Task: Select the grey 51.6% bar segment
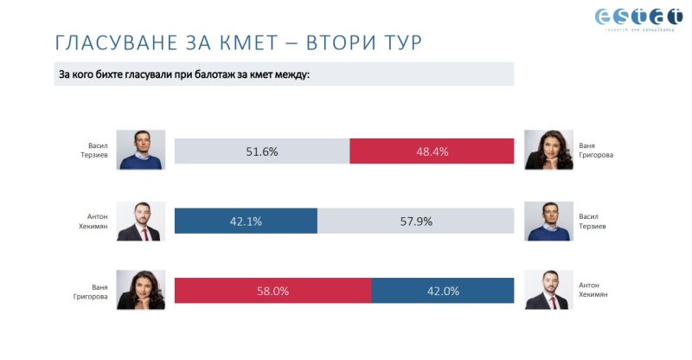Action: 262,151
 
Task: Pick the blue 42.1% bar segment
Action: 246,221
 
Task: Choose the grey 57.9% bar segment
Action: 415,221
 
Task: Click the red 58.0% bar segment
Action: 272,291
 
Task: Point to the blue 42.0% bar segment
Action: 442,291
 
